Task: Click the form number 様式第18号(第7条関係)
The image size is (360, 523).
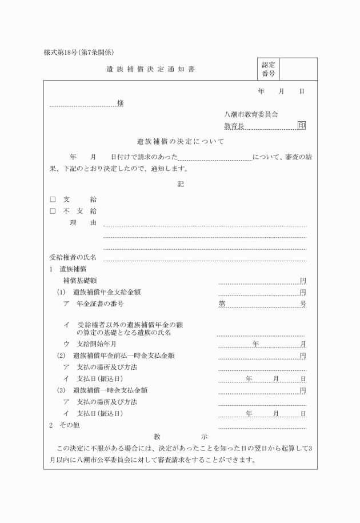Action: [83, 53]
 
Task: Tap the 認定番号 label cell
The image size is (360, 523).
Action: [268, 69]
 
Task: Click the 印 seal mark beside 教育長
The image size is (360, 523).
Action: [301, 126]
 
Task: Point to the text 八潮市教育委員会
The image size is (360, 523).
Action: [251, 114]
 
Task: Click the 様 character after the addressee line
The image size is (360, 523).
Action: [121, 103]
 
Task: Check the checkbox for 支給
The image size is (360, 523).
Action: [53, 199]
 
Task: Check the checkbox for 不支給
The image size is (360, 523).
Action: [53, 211]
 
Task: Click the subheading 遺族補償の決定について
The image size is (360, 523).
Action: [180, 141]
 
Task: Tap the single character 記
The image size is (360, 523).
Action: [181, 184]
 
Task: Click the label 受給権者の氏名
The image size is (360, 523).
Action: [73, 257]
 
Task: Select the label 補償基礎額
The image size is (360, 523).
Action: [85, 281]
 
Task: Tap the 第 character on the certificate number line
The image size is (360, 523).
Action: [222, 304]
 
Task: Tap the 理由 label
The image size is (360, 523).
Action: [83, 222]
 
